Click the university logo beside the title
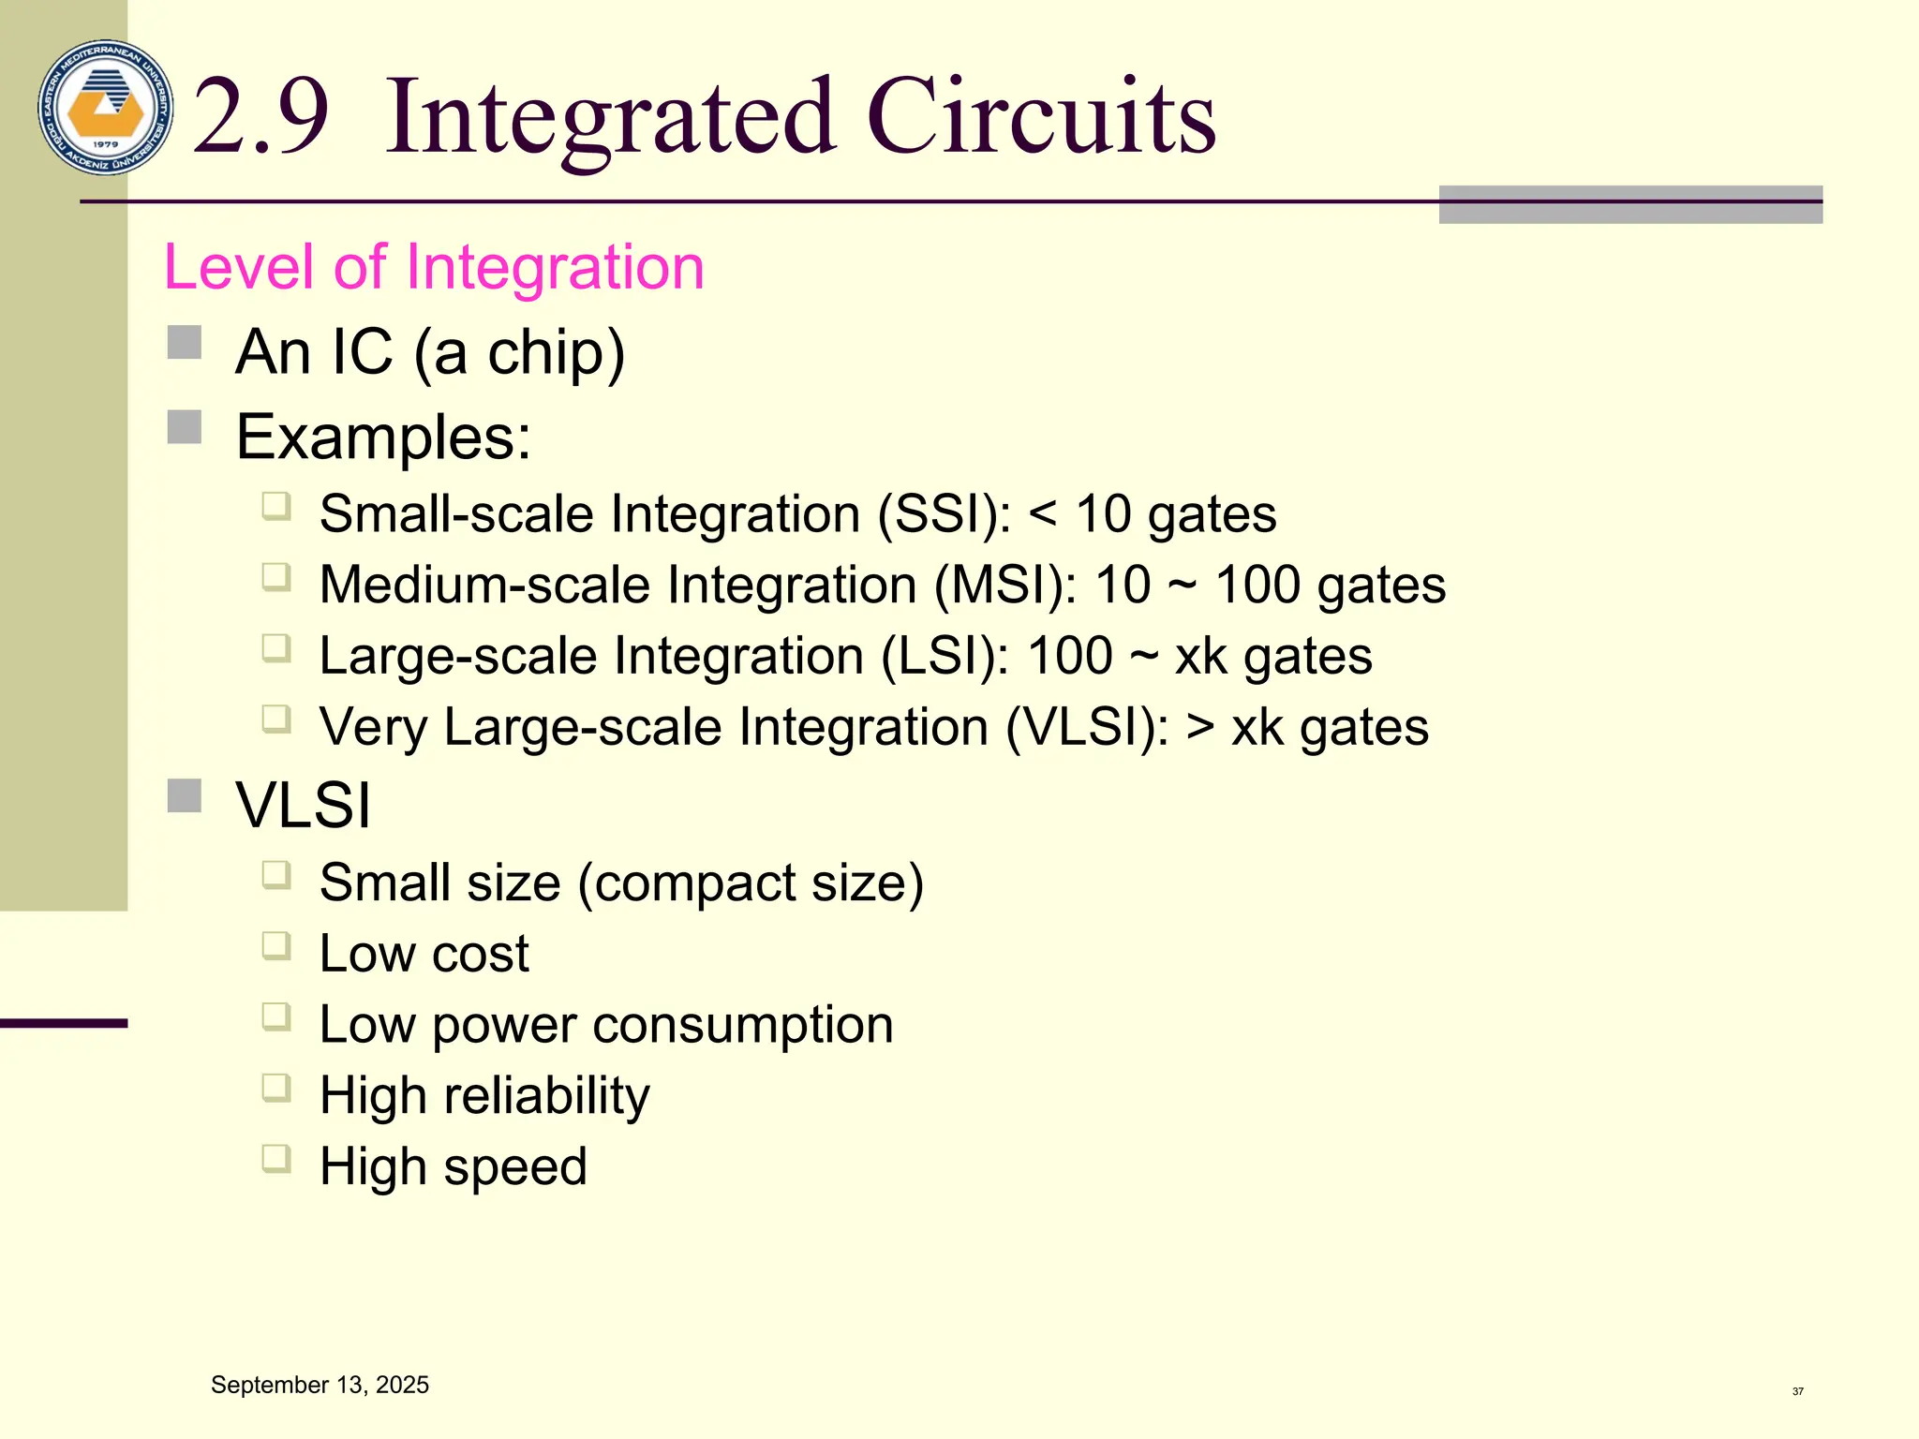pos(106,107)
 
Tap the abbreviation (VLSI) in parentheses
pos(1087,727)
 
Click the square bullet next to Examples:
pos(185,427)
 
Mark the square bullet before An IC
pos(185,343)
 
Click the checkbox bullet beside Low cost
pos(276,945)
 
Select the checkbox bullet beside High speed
pos(276,1159)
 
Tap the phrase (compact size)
pos(751,883)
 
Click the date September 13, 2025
pos(320,1385)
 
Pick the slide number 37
pos(1797,1391)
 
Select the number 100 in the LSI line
pos(1069,656)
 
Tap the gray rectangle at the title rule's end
pos(1630,204)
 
